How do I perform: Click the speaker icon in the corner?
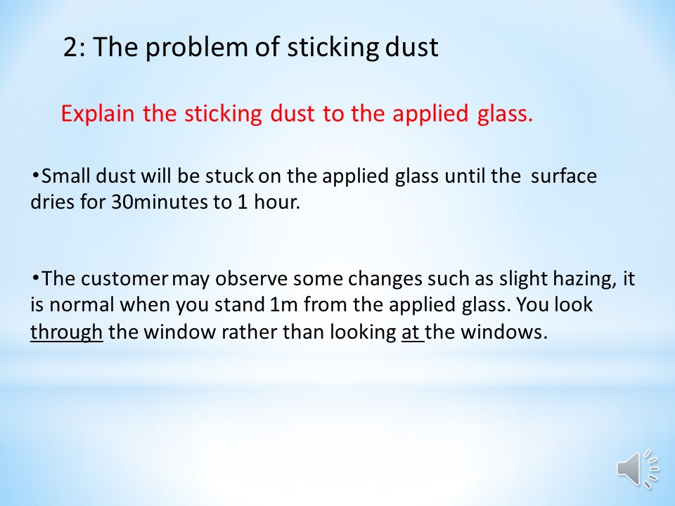pyautogui.click(x=638, y=469)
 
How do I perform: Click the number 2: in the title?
pyautogui.click(x=75, y=47)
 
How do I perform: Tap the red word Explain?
pyautogui.click(x=98, y=114)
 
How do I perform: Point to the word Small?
pyautogui.click(x=65, y=176)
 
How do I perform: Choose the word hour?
pyautogui.click(x=276, y=202)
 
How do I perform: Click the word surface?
pyautogui.click(x=563, y=176)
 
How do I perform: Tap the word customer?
pyautogui.click(x=124, y=279)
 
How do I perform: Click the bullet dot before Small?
pyautogui.click(x=35, y=175)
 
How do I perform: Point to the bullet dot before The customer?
pyautogui.click(x=35, y=278)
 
